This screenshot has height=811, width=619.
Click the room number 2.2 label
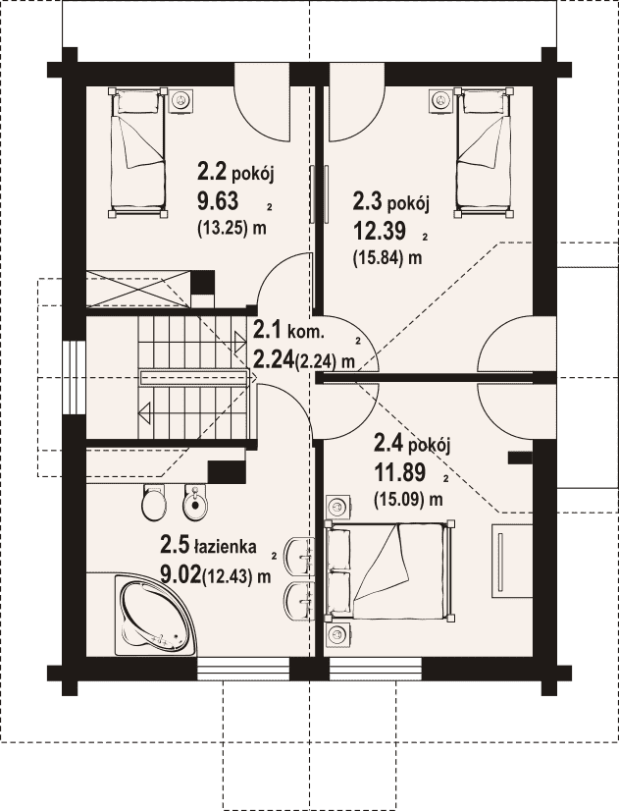point(211,172)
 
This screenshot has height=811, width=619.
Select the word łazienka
point(225,546)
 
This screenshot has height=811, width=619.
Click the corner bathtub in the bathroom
point(153,616)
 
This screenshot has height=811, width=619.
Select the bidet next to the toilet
point(194,502)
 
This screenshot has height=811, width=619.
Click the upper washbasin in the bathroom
point(298,556)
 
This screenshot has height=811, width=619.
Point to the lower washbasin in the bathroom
point(298,600)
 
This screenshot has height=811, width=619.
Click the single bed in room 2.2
point(138,152)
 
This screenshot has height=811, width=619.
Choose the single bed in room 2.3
point(485,152)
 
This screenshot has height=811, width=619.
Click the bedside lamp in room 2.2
point(181,99)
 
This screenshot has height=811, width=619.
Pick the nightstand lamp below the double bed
point(337,633)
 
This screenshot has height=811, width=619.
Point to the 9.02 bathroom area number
point(181,574)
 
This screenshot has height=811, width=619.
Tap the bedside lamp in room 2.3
point(440,99)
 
